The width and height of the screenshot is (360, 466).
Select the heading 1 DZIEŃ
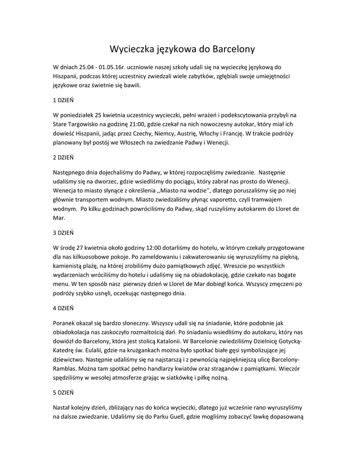[63, 100]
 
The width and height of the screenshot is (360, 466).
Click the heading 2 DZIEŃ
[63, 157]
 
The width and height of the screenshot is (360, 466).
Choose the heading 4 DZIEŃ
[63, 308]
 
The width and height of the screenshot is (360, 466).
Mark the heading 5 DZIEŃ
[63, 392]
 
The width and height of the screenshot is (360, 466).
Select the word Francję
[232, 133]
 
